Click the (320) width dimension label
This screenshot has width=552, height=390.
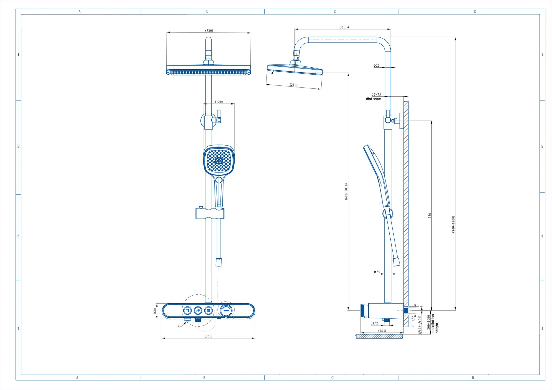click(x=209, y=31)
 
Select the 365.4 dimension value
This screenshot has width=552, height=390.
click(x=344, y=27)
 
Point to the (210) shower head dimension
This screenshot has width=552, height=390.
click(x=294, y=85)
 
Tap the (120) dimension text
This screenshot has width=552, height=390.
click(x=219, y=102)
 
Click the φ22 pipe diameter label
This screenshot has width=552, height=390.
click(x=377, y=66)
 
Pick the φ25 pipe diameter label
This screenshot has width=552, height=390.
click(x=377, y=272)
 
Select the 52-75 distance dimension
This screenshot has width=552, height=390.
click(x=377, y=95)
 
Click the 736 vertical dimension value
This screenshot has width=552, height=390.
click(x=429, y=216)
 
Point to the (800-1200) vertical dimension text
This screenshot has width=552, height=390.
click(x=453, y=224)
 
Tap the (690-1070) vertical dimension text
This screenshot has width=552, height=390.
click(x=346, y=192)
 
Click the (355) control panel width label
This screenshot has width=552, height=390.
click(x=208, y=336)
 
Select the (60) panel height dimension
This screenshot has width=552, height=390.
click(x=155, y=311)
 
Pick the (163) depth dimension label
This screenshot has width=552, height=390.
click(x=382, y=331)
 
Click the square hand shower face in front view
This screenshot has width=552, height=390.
click(x=219, y=161)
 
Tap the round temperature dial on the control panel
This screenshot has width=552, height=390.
click(x=226, y=310)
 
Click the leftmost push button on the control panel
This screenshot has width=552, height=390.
click(x=187, y=310)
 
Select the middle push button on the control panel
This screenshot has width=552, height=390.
click(x=198, y=310)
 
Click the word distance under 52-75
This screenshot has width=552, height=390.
click(x=374, y=99)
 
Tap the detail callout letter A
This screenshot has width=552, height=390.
click(x=179, y=327)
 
